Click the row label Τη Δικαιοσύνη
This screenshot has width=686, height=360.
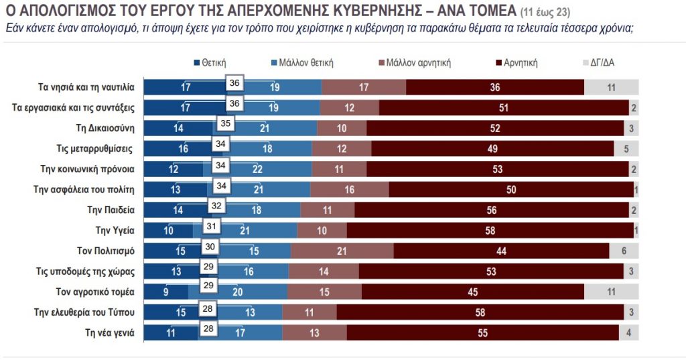[107, 127]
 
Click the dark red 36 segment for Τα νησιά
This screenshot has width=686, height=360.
[495, 87]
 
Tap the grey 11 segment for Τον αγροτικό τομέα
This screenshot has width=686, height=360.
[611, 292]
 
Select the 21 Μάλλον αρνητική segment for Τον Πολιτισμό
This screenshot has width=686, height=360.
[342, 251]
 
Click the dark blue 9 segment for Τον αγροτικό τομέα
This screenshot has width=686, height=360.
[165, 292]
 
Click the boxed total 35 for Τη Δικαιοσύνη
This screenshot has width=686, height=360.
[226, 123]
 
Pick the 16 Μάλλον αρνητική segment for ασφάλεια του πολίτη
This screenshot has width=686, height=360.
[349, 190]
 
